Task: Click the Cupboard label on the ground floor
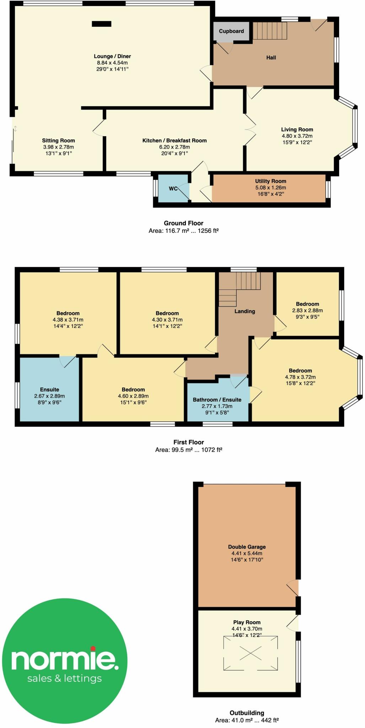point(231,31)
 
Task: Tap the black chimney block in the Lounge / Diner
point(101,24)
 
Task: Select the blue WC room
point(173,188)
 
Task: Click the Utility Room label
point(270,181)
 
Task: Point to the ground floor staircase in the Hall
point(269,31)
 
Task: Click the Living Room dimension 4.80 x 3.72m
point(297,136)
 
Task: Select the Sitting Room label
point(58,140)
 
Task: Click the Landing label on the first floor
point(245,311)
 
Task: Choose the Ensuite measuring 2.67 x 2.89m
point(49,396)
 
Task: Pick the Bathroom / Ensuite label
point(217,400)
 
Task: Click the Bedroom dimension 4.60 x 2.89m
point(133,396)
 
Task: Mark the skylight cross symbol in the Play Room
point(251,653)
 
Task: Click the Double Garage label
point(247,547)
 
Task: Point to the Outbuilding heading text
point(247,713)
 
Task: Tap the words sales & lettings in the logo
point(64,678)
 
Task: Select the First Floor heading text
point(188,442)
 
